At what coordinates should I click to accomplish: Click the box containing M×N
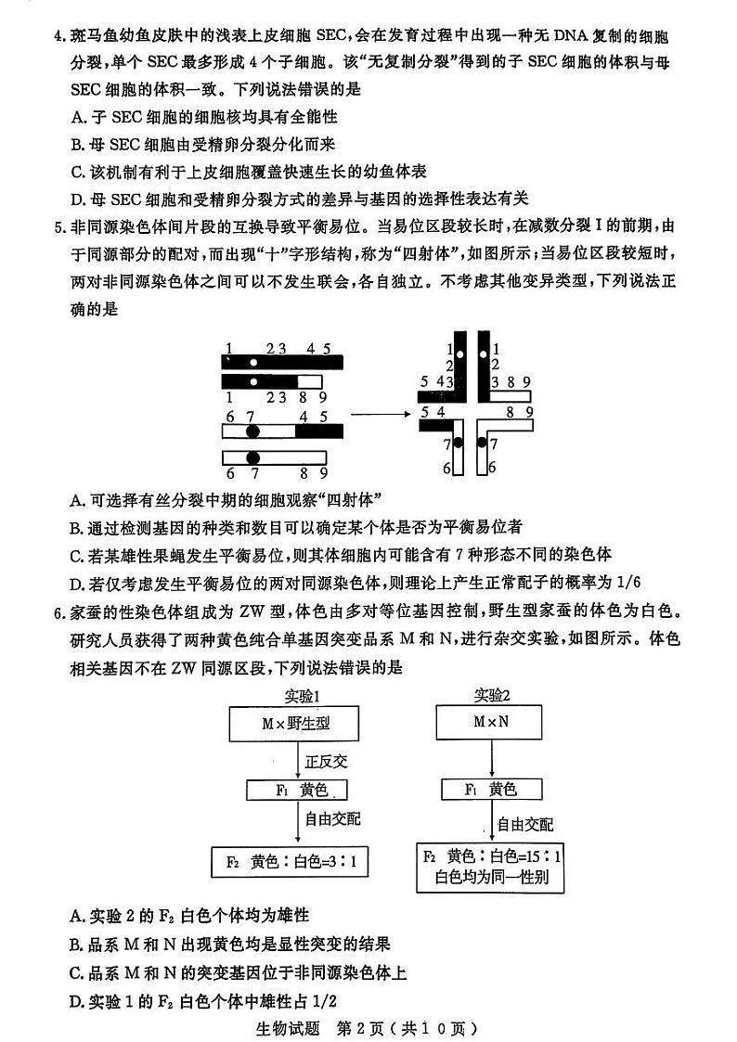(493, 721)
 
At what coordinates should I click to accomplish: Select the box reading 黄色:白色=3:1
(291, 862)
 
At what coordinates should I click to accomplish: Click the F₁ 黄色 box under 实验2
(492, 790)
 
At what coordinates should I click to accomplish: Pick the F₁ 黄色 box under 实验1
(297, 790)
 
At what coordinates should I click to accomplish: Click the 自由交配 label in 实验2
(524, 824)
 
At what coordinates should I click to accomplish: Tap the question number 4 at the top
(59, 37)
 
